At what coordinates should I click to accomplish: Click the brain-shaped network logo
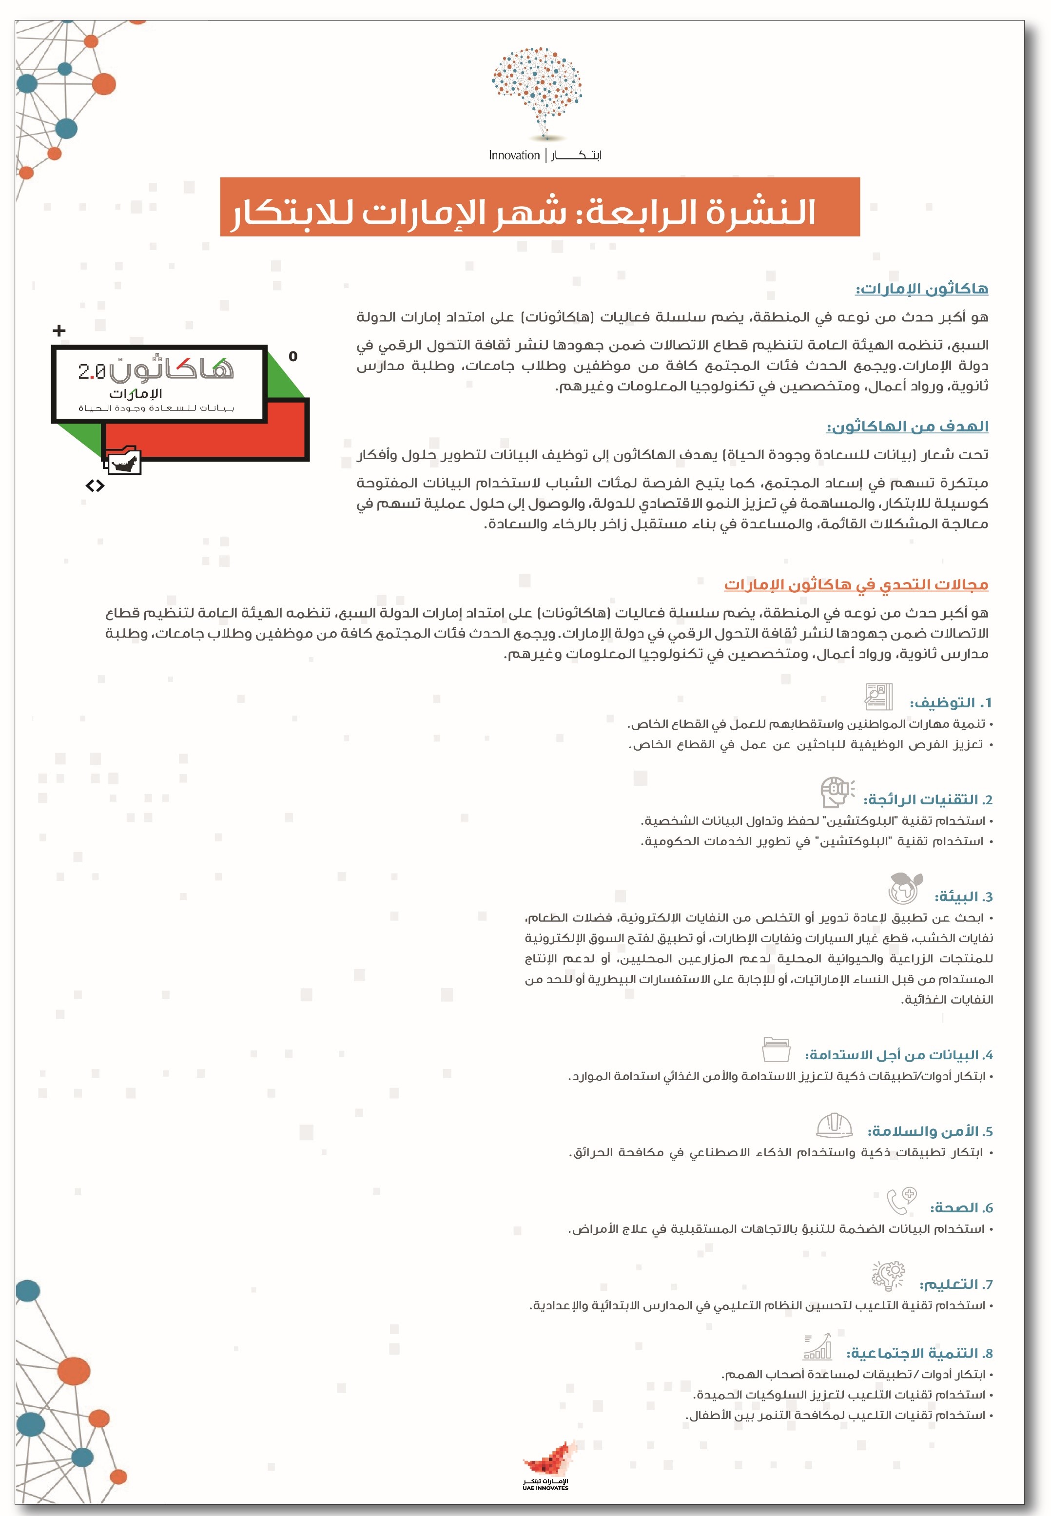click(537, 91)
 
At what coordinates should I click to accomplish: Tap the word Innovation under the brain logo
click(514, 155)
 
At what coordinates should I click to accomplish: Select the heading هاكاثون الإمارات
click(921, 289)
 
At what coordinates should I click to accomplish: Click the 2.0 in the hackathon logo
click(92, 371)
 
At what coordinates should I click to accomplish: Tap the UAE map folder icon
click(123, 461)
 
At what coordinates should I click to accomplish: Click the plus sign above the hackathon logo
click(59, 330)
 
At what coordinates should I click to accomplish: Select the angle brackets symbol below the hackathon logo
click(95, 486)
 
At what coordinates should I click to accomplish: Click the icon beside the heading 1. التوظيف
click(878, 696)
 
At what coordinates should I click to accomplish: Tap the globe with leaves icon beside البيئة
click(905, 888)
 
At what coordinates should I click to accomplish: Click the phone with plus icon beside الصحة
click(901, 1201)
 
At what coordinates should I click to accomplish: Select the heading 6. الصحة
click(961, 1208)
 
